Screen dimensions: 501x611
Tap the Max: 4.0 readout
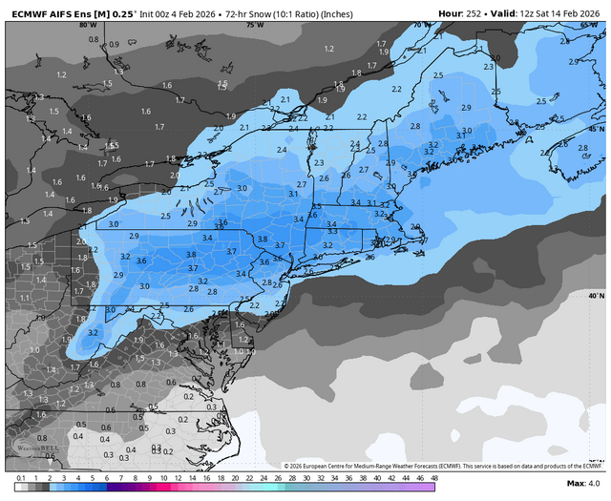tap(581, 487)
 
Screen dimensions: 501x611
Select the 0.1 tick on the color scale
tap(21, 477)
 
